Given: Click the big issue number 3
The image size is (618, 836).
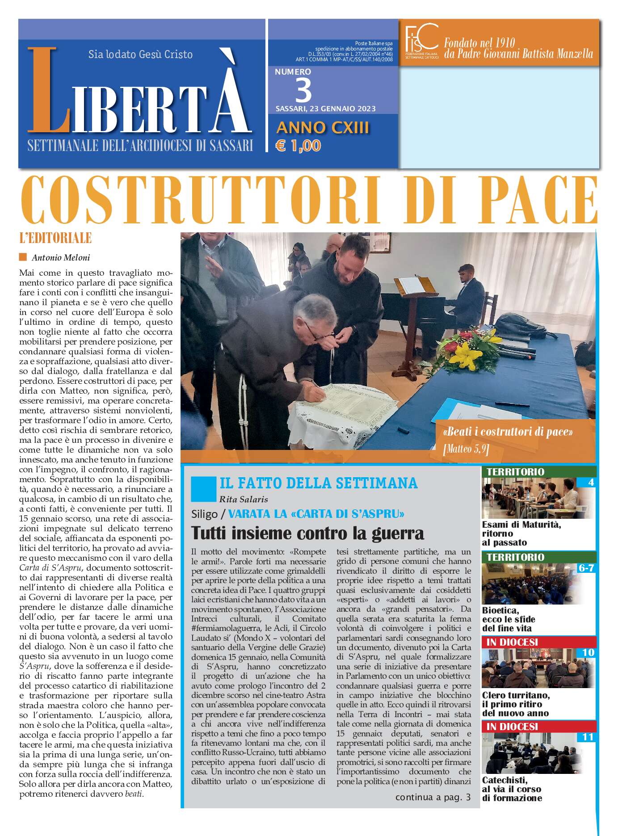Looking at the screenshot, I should click(304, 90).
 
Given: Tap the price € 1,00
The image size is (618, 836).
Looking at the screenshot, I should click(298, 146).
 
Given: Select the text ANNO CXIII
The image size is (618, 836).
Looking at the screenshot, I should click(323, 128).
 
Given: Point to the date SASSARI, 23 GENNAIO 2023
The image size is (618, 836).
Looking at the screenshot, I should click(325, 109).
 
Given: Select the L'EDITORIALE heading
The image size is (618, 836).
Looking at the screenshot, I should click(55, 238).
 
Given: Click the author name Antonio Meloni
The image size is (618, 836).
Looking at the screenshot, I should click(61, 257).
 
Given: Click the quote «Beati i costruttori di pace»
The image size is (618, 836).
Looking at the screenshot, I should click(508, 432).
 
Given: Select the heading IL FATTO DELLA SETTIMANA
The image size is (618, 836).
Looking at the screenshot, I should click(318, 483).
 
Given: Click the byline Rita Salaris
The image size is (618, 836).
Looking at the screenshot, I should click(244, 499).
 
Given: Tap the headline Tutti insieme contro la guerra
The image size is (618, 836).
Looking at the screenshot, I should click(307, 533).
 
